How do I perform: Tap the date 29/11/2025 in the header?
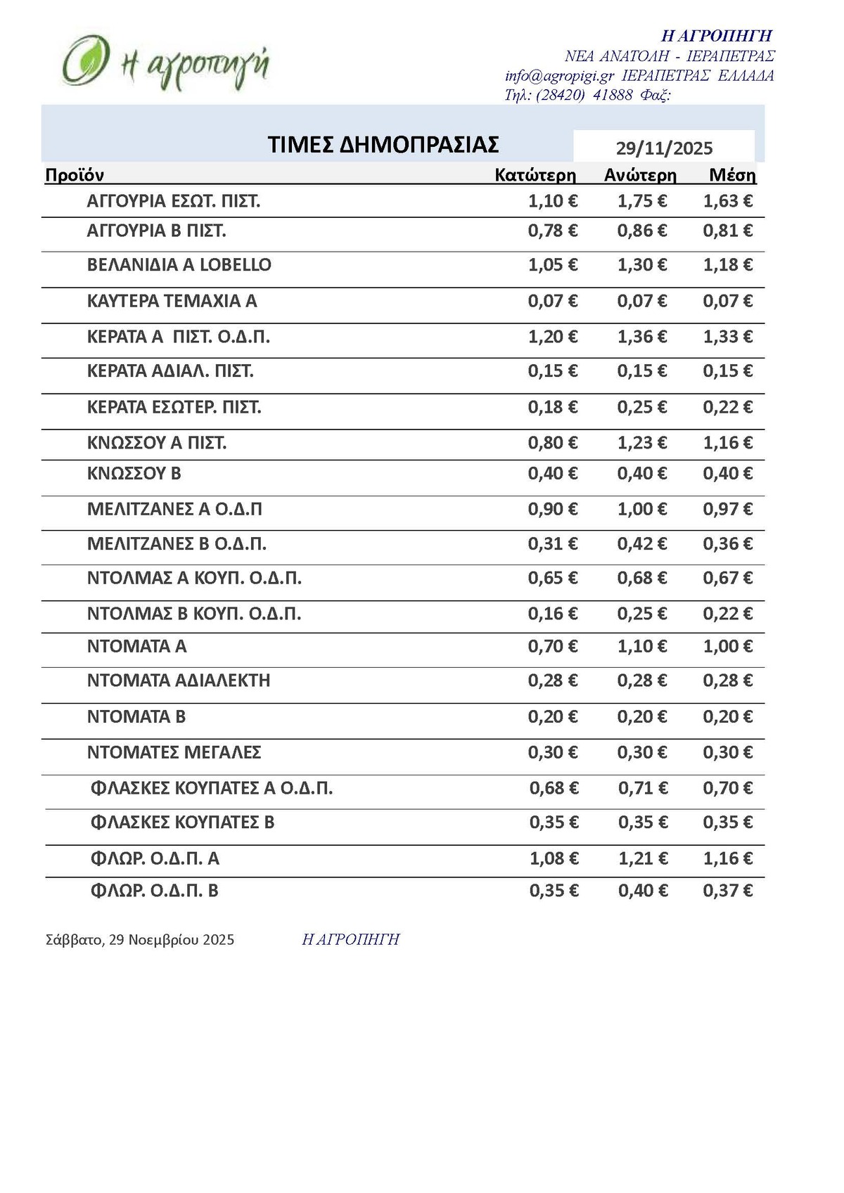[x=664, y=148]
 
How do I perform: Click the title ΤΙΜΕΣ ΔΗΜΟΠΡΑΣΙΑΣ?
[x=383, y=144]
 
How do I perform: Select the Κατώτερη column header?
[x=535, y=175]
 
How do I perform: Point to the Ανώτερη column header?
[x=640, y=175]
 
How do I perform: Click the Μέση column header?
[x=732, y=175]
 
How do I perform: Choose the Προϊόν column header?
[x=75, y=175]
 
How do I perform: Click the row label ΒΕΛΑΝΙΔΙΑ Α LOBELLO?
[x=179, y=265]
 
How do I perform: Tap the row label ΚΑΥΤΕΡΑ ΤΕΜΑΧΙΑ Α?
[x=172, y=301]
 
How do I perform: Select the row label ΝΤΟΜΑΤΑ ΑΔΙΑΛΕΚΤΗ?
[x=179, y=681]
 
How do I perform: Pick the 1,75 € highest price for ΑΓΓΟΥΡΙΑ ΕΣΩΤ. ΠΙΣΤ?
[x=641, y=201]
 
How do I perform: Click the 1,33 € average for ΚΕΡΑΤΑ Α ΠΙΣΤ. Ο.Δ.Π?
[x=727, y=337]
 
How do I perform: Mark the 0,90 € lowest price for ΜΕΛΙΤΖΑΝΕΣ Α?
[x=553, y=509]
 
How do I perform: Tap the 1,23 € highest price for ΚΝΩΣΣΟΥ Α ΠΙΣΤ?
[x=641, y=443]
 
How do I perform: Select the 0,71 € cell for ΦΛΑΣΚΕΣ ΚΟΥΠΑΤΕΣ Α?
[x=643, y=788]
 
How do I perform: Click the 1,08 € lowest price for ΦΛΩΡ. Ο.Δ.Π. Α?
[x=554, y=858]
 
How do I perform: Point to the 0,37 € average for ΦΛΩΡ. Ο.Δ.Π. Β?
[x=727, y=891]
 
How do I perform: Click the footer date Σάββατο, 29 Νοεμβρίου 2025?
[x=140, y=940]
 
